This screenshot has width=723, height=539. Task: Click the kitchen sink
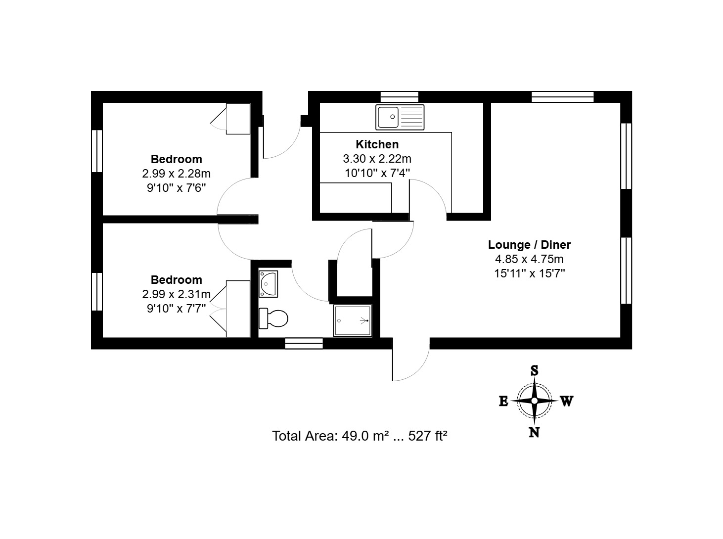point(400,117)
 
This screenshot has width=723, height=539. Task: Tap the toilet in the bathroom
point(273,318)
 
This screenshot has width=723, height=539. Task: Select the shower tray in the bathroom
point(353,320)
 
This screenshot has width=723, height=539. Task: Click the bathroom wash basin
point(268,284)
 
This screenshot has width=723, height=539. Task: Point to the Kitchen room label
point(377,144)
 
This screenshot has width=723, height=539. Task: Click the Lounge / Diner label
point(529,245)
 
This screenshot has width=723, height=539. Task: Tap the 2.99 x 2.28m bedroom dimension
point(176,174)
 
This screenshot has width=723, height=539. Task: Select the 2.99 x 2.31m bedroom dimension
point(176,294)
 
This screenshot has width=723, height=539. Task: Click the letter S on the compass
point(534,371)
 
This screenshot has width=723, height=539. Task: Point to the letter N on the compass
point(534,432)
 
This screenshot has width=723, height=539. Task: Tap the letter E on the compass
point(503,402)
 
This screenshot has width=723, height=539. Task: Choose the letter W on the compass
point(567,401)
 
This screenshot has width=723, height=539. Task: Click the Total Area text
point(360,436)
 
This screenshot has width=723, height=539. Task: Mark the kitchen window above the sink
point(399,97)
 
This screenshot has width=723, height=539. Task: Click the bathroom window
point(304,343)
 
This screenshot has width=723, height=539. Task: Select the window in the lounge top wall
point(563,97)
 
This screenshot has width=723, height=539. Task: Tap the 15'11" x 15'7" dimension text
point(529,273)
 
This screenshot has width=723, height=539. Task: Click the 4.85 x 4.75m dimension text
point(529,259)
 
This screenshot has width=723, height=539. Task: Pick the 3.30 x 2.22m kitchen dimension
point(377,159)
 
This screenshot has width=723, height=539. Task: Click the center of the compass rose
point(534,401)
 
